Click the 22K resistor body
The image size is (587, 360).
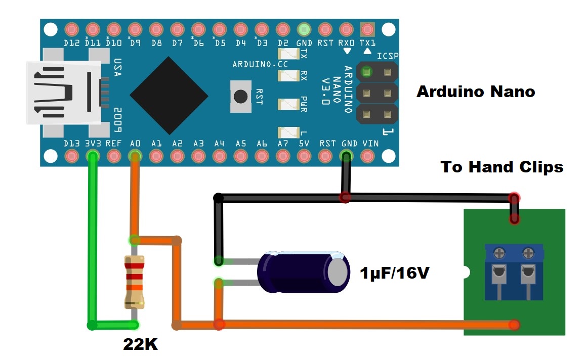click(135, 282)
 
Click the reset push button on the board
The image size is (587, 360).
click(241, 96)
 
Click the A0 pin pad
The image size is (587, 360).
click(135, 156)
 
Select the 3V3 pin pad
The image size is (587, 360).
click(93, 156)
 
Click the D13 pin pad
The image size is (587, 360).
click(72, 156)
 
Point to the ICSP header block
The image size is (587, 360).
click(377, 93)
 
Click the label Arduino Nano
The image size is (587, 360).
click(475, 92)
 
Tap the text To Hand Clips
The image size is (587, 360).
click(501, 167)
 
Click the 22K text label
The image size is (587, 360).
click(140, 345)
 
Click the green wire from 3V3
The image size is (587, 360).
click(92, 243)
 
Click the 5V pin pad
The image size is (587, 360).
click(304, 156)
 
